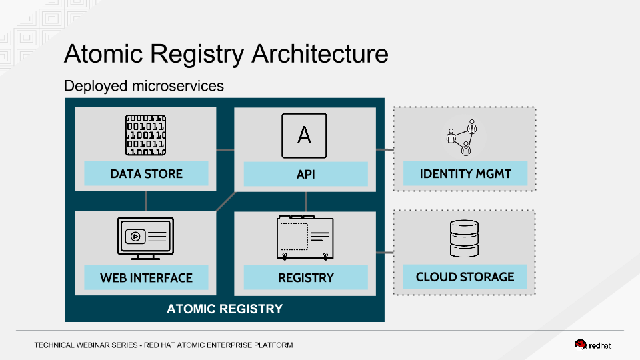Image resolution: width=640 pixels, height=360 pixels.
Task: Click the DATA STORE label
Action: (146, 174)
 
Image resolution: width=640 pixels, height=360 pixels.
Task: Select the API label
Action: (305, 175)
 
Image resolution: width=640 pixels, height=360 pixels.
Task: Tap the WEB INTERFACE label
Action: (146, 278)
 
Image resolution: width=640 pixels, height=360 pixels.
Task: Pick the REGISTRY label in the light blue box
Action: (305, 278)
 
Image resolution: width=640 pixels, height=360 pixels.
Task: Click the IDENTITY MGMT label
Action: (465, 174)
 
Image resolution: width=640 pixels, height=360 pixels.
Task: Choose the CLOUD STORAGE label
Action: (465, 277)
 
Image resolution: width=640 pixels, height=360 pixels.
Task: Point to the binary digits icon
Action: (145, 136)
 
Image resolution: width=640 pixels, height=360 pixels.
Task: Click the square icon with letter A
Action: (304, 135)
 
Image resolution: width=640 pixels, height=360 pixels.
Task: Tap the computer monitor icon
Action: (145, 238)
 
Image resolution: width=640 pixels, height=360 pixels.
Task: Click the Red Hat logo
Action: (593, 345)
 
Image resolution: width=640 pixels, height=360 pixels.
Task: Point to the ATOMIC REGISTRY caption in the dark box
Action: (225, 309)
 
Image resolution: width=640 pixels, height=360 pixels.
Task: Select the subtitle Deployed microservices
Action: (144, 86)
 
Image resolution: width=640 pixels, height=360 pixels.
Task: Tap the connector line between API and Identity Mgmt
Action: (385, 149)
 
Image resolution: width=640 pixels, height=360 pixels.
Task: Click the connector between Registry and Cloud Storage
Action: (385, 253)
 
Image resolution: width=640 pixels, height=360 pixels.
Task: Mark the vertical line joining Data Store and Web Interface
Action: (145, 201)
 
